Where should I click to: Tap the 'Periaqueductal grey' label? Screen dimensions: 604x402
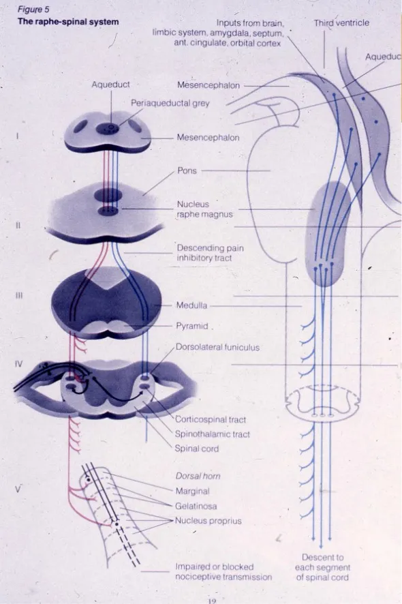[170, 103]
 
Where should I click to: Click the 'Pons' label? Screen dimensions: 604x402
[187, 170]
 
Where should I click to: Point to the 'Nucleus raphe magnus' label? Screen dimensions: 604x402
[204, 209]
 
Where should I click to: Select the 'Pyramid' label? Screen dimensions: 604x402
[191, 326]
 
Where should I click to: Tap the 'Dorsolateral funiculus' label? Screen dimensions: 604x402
[217, 347]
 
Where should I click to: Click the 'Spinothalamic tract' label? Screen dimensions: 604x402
[213, 434]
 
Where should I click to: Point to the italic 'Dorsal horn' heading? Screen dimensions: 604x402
[198, 477]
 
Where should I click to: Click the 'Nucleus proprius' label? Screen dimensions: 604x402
[208, 520]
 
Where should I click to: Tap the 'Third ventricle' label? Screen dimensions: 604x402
[341, 22]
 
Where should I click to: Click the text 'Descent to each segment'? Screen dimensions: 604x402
[323, 562]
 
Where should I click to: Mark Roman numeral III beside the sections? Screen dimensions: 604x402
[20, 297]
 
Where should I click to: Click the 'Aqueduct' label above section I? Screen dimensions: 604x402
[110, 85]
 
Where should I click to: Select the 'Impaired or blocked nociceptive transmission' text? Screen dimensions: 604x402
[223, 571]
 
